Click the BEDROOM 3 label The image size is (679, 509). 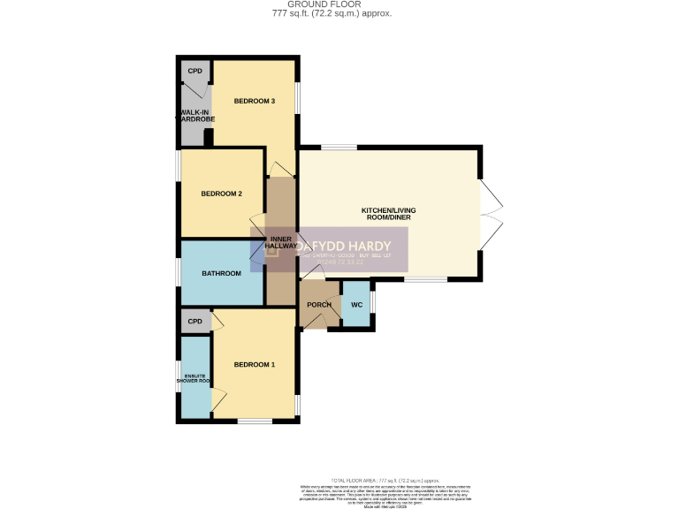click(x=254, y=102)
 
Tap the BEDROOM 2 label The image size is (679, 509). click(x=221, y=194)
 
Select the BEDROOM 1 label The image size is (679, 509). click(x=254, y=365)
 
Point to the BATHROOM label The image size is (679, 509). click(x=221, y=273)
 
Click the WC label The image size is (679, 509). click(x=356, y=305)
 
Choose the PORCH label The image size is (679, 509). click(x=318, y=305)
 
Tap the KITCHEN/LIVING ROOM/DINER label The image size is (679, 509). click(x=388, y=215)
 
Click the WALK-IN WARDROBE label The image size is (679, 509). click(x=195, y=118)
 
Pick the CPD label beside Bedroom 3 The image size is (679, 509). click(x=195, y=71)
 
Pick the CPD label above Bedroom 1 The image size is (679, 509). click(x=195, y=322)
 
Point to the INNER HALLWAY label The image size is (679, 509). click(x=281, y=243)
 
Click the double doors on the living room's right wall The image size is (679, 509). click(x=492, y=213)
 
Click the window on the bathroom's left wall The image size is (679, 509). click(x=178, y=272)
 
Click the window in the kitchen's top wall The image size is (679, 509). click(x=338, y=147)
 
